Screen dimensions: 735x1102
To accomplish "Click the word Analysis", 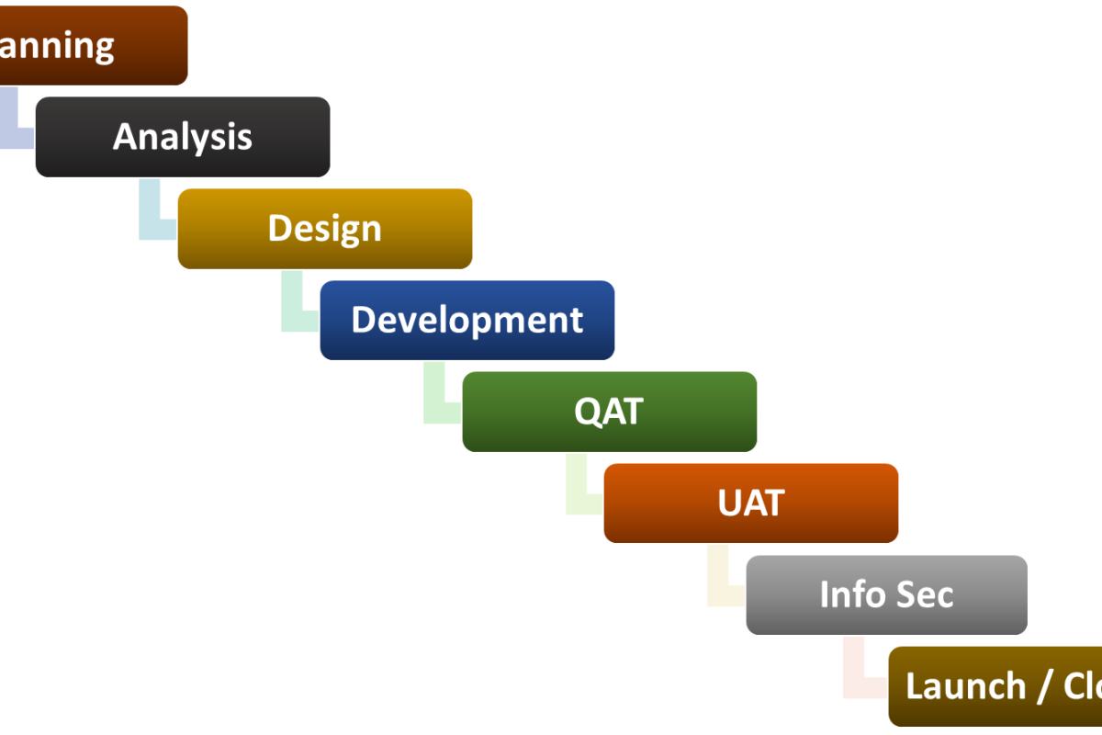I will click(183, 137).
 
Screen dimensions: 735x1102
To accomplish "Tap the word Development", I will click(467, 320).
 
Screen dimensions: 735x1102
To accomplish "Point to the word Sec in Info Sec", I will click(922, 594).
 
